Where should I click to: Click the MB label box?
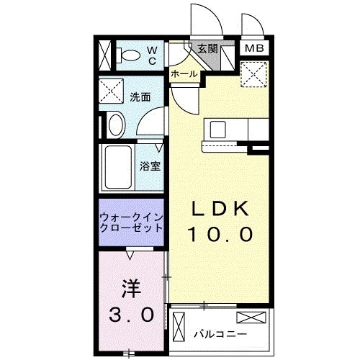253,49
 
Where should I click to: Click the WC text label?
152,55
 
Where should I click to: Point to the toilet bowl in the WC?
129,54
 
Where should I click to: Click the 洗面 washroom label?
140,96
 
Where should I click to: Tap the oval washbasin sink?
114,126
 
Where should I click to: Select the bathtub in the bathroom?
117,167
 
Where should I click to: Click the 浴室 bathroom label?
150,166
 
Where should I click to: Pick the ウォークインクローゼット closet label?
130,221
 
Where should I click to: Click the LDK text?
220,208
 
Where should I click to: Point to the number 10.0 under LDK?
220,233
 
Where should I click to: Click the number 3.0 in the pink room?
132,314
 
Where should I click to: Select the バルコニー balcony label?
220,334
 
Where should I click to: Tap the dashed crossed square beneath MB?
254,73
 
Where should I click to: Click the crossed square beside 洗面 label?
113,91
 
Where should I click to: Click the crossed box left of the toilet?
105,54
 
